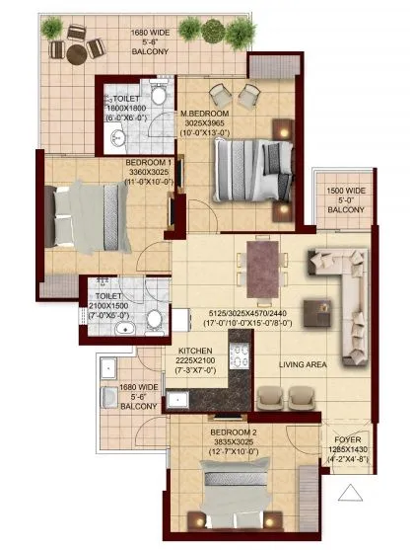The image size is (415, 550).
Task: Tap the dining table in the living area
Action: point(261,266)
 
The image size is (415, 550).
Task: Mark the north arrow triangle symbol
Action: point(351,491)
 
